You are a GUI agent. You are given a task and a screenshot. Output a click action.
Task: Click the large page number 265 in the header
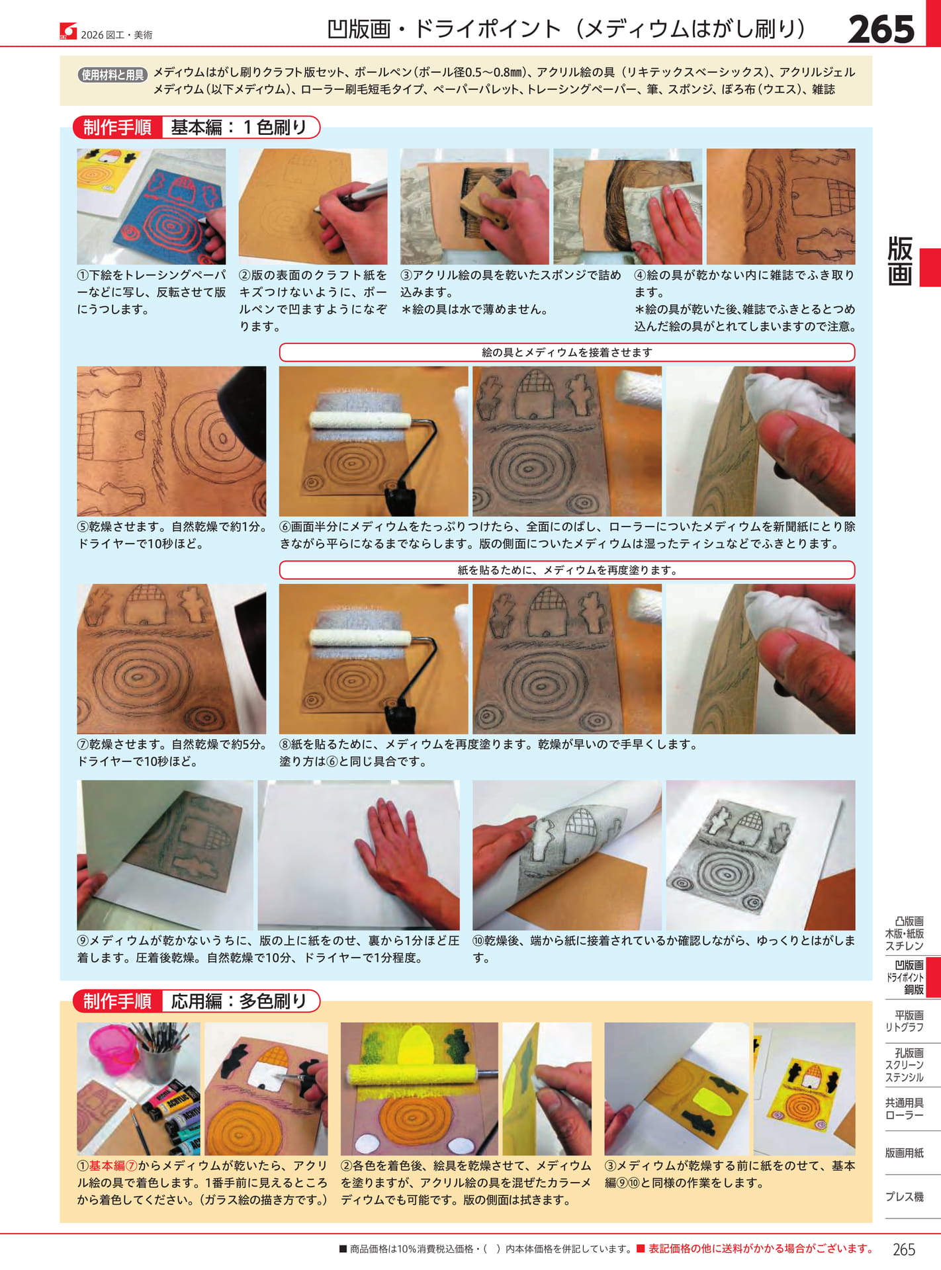point(881,29)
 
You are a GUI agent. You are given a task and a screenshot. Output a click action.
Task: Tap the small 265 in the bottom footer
point(903,1249)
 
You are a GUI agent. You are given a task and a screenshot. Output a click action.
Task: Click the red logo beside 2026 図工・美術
point(68,31)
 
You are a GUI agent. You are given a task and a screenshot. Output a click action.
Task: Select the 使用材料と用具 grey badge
point(112,75)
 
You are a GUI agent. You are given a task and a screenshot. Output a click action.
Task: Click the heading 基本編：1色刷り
point(239,127)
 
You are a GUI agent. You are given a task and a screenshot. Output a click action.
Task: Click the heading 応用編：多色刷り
point(239,1001)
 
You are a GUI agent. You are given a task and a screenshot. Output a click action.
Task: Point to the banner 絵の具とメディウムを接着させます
point(566,353)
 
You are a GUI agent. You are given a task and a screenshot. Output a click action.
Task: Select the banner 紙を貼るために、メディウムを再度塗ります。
point(566,570)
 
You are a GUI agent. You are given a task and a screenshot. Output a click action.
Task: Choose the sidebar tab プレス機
point(905,1197)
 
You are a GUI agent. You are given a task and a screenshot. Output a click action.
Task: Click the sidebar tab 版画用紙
point(905,1153)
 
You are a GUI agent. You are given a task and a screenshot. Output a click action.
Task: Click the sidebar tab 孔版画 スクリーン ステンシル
point(905,1065)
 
